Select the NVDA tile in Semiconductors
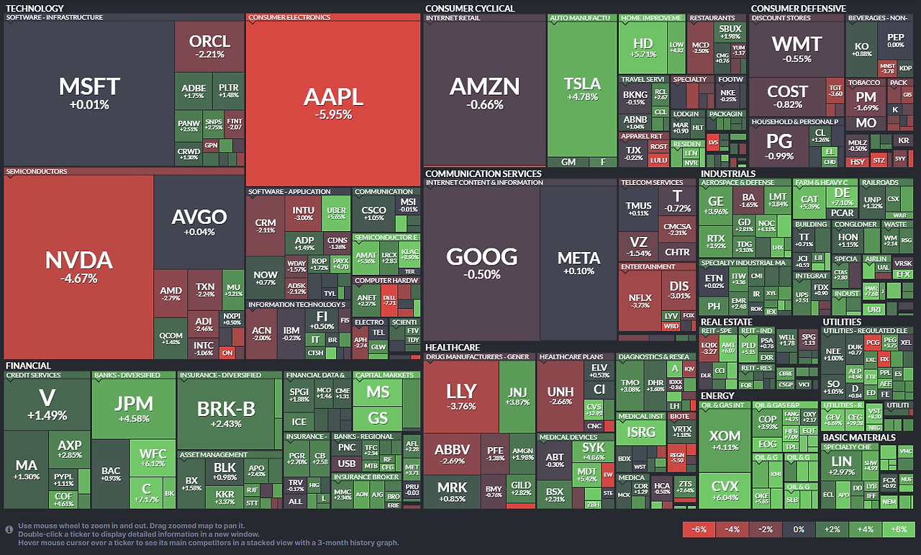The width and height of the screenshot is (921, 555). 78,267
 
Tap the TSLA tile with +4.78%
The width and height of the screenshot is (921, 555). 582,90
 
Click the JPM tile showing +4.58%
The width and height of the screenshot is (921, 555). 134,410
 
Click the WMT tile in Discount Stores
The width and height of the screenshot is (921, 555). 796,49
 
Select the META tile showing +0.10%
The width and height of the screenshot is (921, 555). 579,263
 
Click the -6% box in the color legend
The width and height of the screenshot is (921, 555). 698,529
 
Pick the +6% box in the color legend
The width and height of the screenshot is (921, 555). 898,529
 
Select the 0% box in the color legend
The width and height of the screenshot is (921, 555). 798,529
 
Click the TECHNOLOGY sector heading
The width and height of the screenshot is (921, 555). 34,9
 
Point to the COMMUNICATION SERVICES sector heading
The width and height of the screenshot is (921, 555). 483,173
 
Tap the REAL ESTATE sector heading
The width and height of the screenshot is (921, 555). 726,322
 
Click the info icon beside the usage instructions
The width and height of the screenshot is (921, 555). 9,530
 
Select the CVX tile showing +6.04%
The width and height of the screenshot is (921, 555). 725,492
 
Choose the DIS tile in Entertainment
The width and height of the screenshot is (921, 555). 679,290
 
